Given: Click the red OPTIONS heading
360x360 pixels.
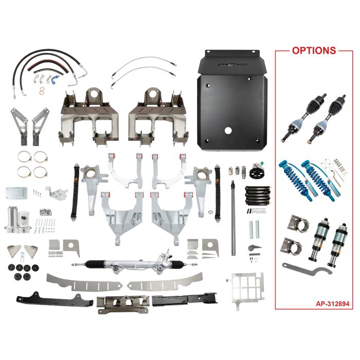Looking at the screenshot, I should tap(314, 50).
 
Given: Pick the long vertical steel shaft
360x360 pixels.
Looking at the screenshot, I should tap(234, 217).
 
